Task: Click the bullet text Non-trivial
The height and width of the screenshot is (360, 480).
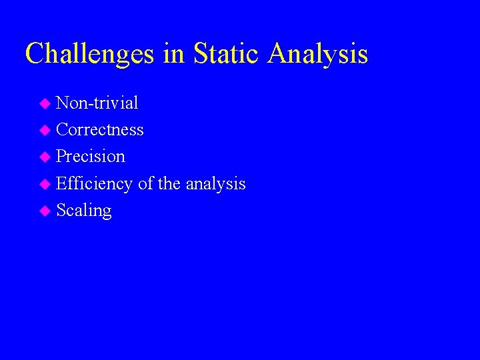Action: click(x=97, y=103)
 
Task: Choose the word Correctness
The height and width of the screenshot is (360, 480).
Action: click(x=100, y=129)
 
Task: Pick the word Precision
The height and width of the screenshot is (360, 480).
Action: click(x=91, y=156)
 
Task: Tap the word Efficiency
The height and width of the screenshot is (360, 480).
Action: click(x=94, y=183)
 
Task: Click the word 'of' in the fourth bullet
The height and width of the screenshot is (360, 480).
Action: click(x=145, y=183)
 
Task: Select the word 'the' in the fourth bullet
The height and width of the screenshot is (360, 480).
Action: click(x=169, y=183)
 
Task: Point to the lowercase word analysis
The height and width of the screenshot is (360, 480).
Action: click(x=215, y=183)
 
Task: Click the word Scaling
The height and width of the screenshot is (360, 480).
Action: click(x=84, y=211)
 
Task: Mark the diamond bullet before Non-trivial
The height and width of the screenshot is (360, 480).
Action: click(x=45, y=104)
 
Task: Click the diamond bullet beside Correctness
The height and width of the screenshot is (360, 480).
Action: click(x=45, y=131)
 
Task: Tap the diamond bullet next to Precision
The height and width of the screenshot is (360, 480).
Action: click(x=45, y=157)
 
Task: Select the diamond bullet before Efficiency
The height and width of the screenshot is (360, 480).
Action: click(x=45, y=185)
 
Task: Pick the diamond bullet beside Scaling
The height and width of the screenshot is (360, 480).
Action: click(x=45, y=211)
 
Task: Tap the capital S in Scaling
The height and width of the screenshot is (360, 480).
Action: click(x=61, y=210)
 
